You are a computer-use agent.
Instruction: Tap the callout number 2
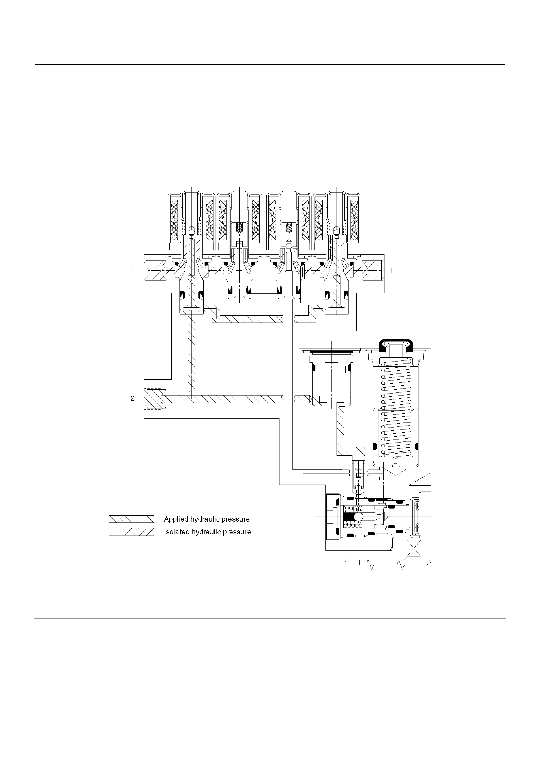coord(132,398)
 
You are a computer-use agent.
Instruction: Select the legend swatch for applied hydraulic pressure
coord(131,519)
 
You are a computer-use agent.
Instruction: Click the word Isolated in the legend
coord(177,532)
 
